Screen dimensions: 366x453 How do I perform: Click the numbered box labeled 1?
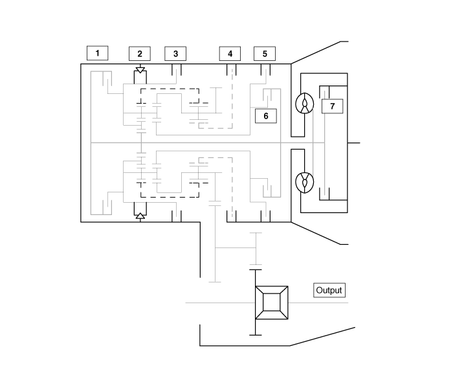(x=98, y=53)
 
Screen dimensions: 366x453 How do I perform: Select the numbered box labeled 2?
(x=140, y=54)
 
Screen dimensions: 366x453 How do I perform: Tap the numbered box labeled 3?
(x=175, y=54)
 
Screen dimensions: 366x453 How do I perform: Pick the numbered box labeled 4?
(x=230, y=54)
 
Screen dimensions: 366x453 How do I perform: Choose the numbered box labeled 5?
(x=265, y=54)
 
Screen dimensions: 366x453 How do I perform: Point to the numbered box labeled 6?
(x=266, y=116)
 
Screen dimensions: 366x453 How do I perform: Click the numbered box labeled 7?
(x=332, y=106)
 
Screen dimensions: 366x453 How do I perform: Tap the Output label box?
(x=329, y=290)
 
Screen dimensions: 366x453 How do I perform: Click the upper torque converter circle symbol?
(x=304, y=104)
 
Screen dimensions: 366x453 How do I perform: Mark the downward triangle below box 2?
(x=140, y=69)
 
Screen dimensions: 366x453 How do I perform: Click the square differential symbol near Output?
(x=271, y=303)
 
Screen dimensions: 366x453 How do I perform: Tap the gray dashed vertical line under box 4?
(x=232, y=97)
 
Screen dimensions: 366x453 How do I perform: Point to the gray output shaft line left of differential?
(x=220, y=303)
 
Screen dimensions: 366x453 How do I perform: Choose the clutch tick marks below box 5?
(x=265, y=71)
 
